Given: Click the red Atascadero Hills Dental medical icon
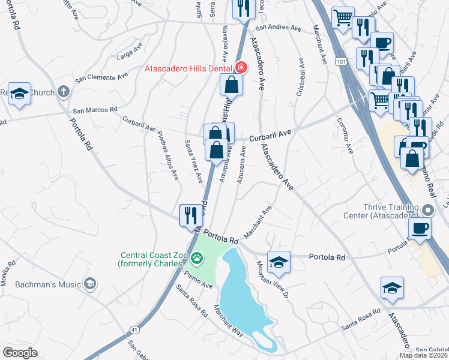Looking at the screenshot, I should point(241,68).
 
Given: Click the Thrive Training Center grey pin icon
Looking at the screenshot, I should point(427,210).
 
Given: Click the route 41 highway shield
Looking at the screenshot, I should point(133,329).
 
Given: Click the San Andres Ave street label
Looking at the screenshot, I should point(278,28).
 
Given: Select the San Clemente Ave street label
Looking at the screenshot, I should point(101,77).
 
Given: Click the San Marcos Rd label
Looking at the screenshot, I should point(95,110).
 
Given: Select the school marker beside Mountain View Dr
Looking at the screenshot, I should point(279,262).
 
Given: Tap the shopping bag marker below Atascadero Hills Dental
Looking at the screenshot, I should point(231,85).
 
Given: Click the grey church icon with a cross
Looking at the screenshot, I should point(64,92).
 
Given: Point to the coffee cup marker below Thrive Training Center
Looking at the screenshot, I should point(420,228).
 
